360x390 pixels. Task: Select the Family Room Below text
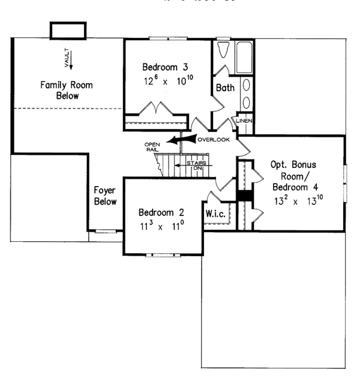click(59, 91)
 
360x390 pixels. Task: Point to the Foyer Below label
click(105, 196)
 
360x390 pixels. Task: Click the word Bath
click(225, 88)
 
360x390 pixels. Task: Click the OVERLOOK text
click(214, 140)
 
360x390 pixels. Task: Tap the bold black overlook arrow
click(180, 140)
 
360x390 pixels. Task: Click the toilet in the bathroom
click(223, 51)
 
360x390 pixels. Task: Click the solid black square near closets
click(245, 196)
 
